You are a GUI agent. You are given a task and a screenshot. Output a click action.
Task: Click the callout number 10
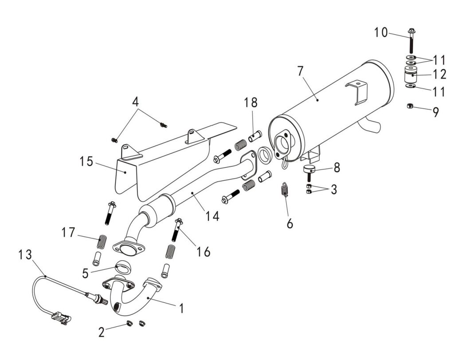(x=380, y=32)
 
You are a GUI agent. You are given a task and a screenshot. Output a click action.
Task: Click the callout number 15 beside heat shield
(x=87, y=161)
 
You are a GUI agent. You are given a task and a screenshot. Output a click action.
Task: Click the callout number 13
(x=25, y=255)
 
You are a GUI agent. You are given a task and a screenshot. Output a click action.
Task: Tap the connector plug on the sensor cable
(x=61, y=317)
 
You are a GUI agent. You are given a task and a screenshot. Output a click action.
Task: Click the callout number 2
(x=102, y=332)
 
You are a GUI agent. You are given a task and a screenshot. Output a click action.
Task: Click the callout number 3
(x=333, y=189)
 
